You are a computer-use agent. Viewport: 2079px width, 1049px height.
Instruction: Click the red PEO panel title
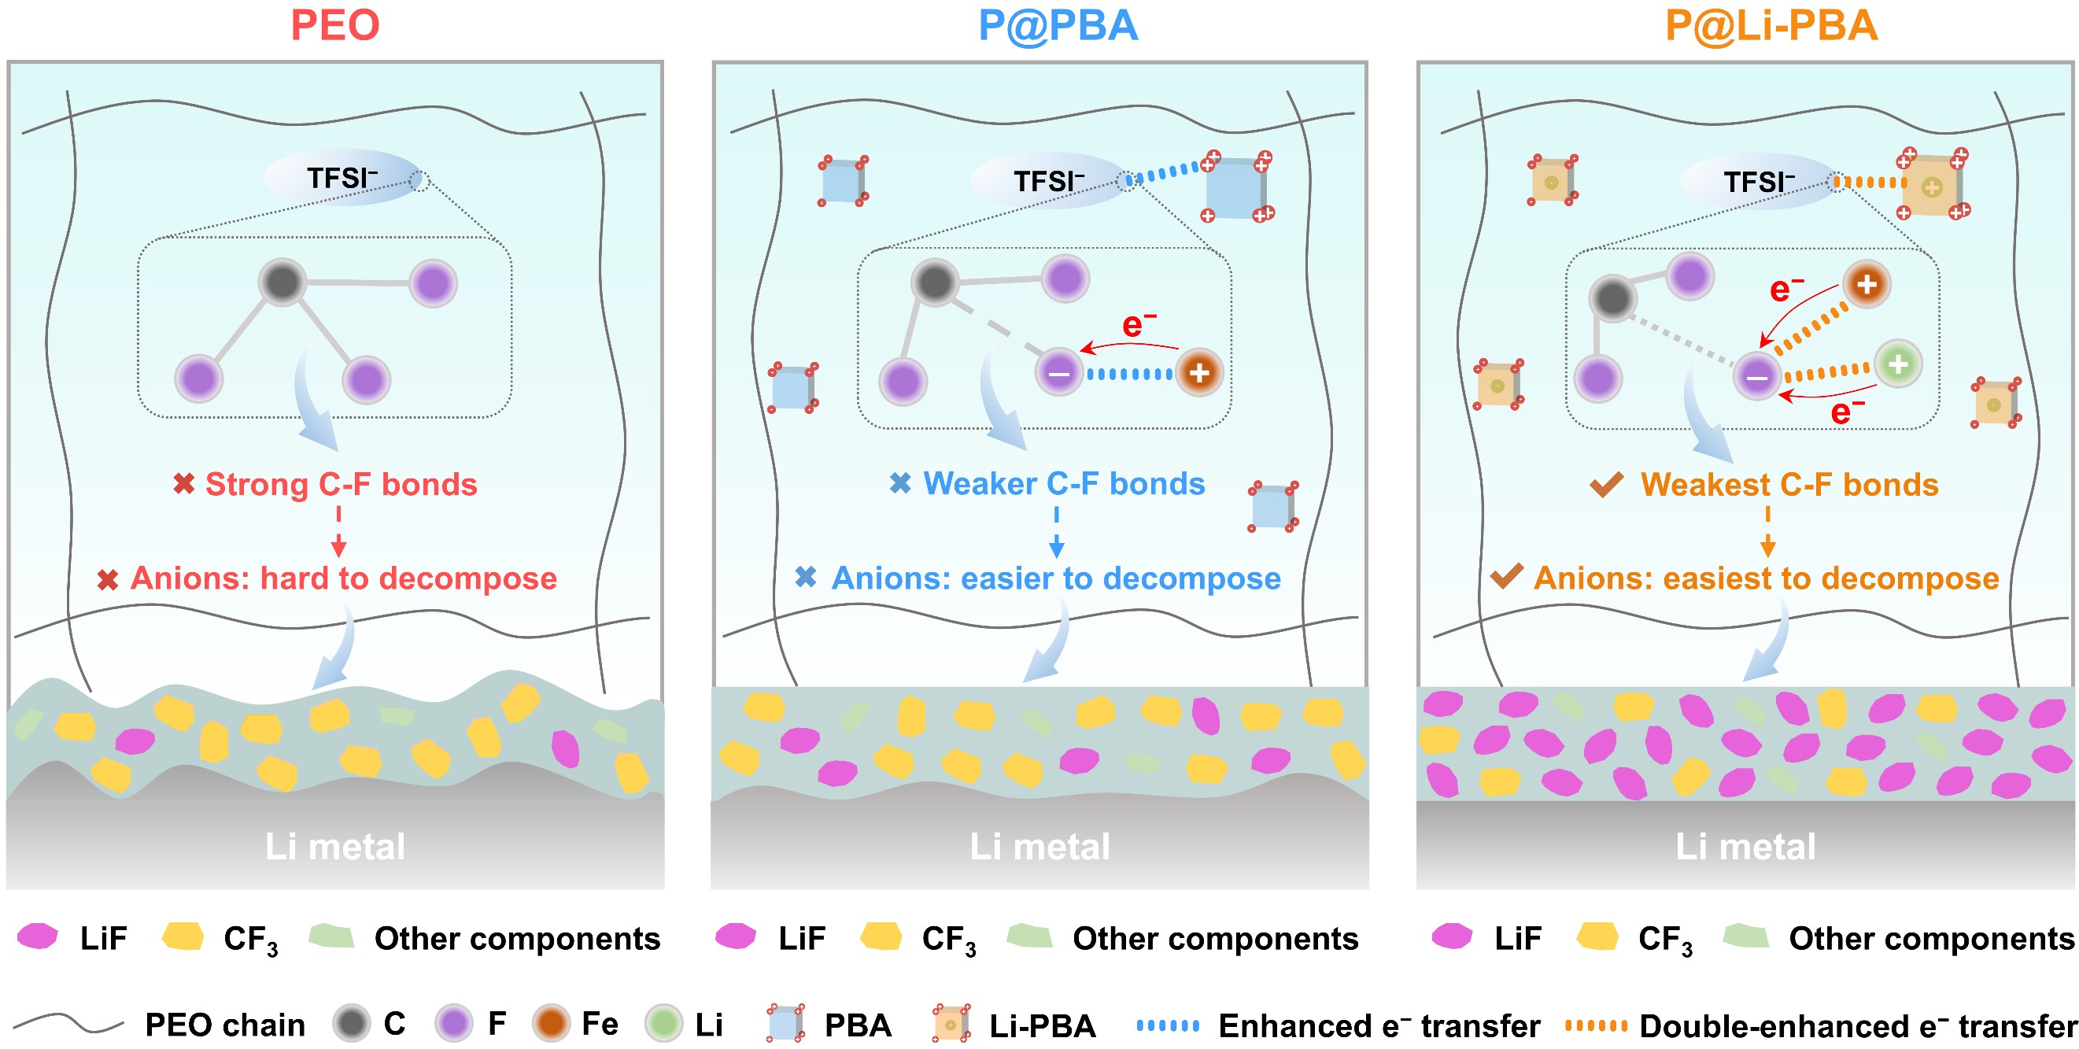click(335, 25)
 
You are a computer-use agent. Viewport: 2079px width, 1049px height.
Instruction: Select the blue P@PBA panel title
click(1058, 26)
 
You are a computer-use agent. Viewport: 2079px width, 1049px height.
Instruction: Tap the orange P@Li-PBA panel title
click(1771, 26)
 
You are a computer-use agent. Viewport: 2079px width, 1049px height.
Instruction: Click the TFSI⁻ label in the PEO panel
click(342, 178)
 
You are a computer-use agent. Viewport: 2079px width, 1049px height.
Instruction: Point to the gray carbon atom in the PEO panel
click(282, 283)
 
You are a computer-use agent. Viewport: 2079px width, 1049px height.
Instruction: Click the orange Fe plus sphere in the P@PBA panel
click(1199, 373)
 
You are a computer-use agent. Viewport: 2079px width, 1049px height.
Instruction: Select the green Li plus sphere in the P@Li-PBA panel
click(1898, 364)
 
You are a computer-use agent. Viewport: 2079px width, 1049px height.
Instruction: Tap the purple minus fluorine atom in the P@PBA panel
click(1059, 373)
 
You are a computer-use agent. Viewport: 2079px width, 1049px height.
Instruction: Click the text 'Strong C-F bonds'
click(342, 484)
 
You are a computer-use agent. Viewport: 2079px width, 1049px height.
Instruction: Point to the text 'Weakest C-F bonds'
click(1789, 484)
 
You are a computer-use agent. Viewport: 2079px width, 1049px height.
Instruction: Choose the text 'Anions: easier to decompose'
click(1056, 578)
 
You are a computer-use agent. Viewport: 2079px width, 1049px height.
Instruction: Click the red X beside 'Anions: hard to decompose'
click(107, 578)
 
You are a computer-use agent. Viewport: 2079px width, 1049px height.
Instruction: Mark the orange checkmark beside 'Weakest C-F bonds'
click(1606, 484)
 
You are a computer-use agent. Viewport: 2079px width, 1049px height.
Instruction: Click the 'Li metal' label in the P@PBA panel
click(1039, 847)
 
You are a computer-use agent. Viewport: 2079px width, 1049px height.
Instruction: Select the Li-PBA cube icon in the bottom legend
click(951, 1023)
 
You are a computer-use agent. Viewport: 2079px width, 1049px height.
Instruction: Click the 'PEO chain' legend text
click(225, 1025)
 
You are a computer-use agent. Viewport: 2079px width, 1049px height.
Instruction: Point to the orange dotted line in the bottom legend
click(1596, 1025)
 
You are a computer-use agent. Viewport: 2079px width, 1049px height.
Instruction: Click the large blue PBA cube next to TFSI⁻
click(1235, 187)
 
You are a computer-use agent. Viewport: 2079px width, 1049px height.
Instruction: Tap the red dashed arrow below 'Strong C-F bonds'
click(339, 531)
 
